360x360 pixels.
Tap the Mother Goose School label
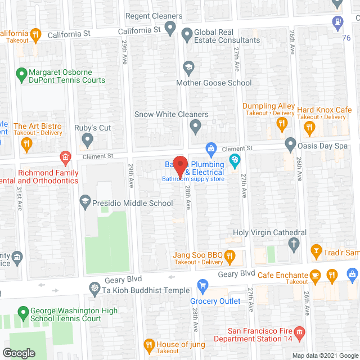[214, 83]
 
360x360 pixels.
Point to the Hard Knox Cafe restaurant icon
[309, 128]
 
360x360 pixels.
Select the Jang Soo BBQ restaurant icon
[229, 257]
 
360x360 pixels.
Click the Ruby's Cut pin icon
[87, 138]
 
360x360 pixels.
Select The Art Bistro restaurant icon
[26, 145]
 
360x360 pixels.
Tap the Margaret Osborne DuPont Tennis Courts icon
[21, 73]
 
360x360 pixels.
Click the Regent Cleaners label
[154, 16]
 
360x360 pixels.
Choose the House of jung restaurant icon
[149, 344]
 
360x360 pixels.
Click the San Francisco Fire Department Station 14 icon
[299, 334]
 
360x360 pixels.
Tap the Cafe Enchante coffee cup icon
[316, 275]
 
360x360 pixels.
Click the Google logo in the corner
[18, 353]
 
